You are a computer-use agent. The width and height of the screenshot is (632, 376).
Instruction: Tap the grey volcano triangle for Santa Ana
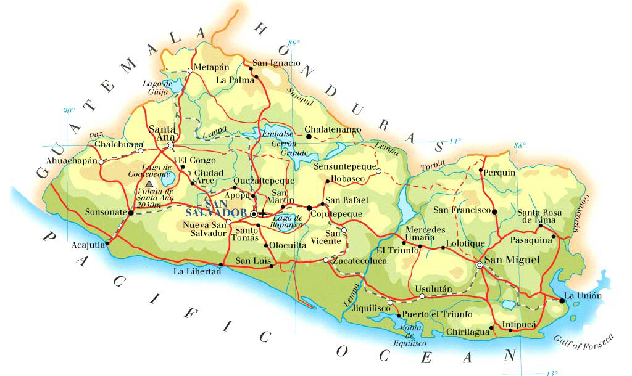click(149, 184)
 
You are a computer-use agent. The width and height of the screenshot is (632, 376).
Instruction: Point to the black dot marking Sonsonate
click(131, 213)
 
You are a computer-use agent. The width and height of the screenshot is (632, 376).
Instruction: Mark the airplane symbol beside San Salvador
click(264, 213)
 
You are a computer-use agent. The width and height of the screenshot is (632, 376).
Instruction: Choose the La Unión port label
click(583, 296)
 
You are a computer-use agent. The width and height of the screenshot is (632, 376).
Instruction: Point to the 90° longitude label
click(69, 111)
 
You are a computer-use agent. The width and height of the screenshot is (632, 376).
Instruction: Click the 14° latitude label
click(454, 141)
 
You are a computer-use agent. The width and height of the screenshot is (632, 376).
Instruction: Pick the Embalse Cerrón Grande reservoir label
click(276, 143)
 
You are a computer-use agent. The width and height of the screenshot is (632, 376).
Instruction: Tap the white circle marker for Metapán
click(190, 70)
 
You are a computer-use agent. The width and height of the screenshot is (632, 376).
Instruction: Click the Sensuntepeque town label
click(344, 166)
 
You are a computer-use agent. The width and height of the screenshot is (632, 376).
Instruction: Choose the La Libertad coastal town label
click(196, 271)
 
